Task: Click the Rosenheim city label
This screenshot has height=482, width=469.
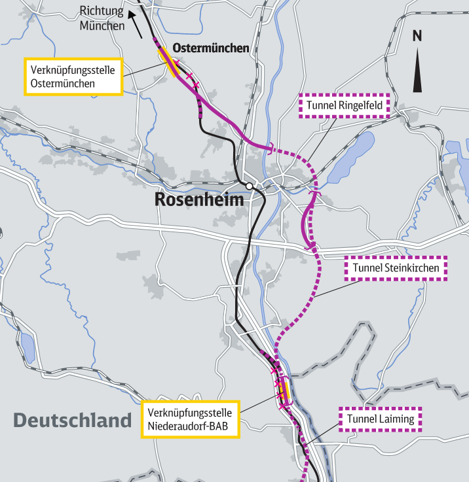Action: (x=199, y=199)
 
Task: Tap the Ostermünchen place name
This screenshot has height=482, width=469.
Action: (x=210, y=48)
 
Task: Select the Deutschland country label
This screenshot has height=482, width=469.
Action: (x=72, y=420)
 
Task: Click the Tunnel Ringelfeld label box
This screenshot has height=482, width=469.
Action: (x=344, y=105)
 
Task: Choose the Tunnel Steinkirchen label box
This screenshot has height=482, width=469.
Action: (x=396, y=268)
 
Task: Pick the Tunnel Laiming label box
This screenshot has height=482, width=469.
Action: (x=381, y=419)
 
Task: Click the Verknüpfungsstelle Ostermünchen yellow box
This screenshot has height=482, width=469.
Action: (x=73, y=77)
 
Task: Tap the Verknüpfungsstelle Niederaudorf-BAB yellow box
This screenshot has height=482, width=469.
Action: (x=191, y=420)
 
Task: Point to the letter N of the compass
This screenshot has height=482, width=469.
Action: (x=417, y=37)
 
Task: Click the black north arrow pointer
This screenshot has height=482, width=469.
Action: (x=417, y=72)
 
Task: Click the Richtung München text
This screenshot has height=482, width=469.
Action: (x=102, y=18)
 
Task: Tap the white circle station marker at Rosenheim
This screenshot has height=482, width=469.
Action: (x=249, y=186)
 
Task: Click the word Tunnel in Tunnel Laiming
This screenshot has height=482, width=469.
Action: (x=361, y=419)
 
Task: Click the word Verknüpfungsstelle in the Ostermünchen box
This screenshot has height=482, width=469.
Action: (x=73, y=69)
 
